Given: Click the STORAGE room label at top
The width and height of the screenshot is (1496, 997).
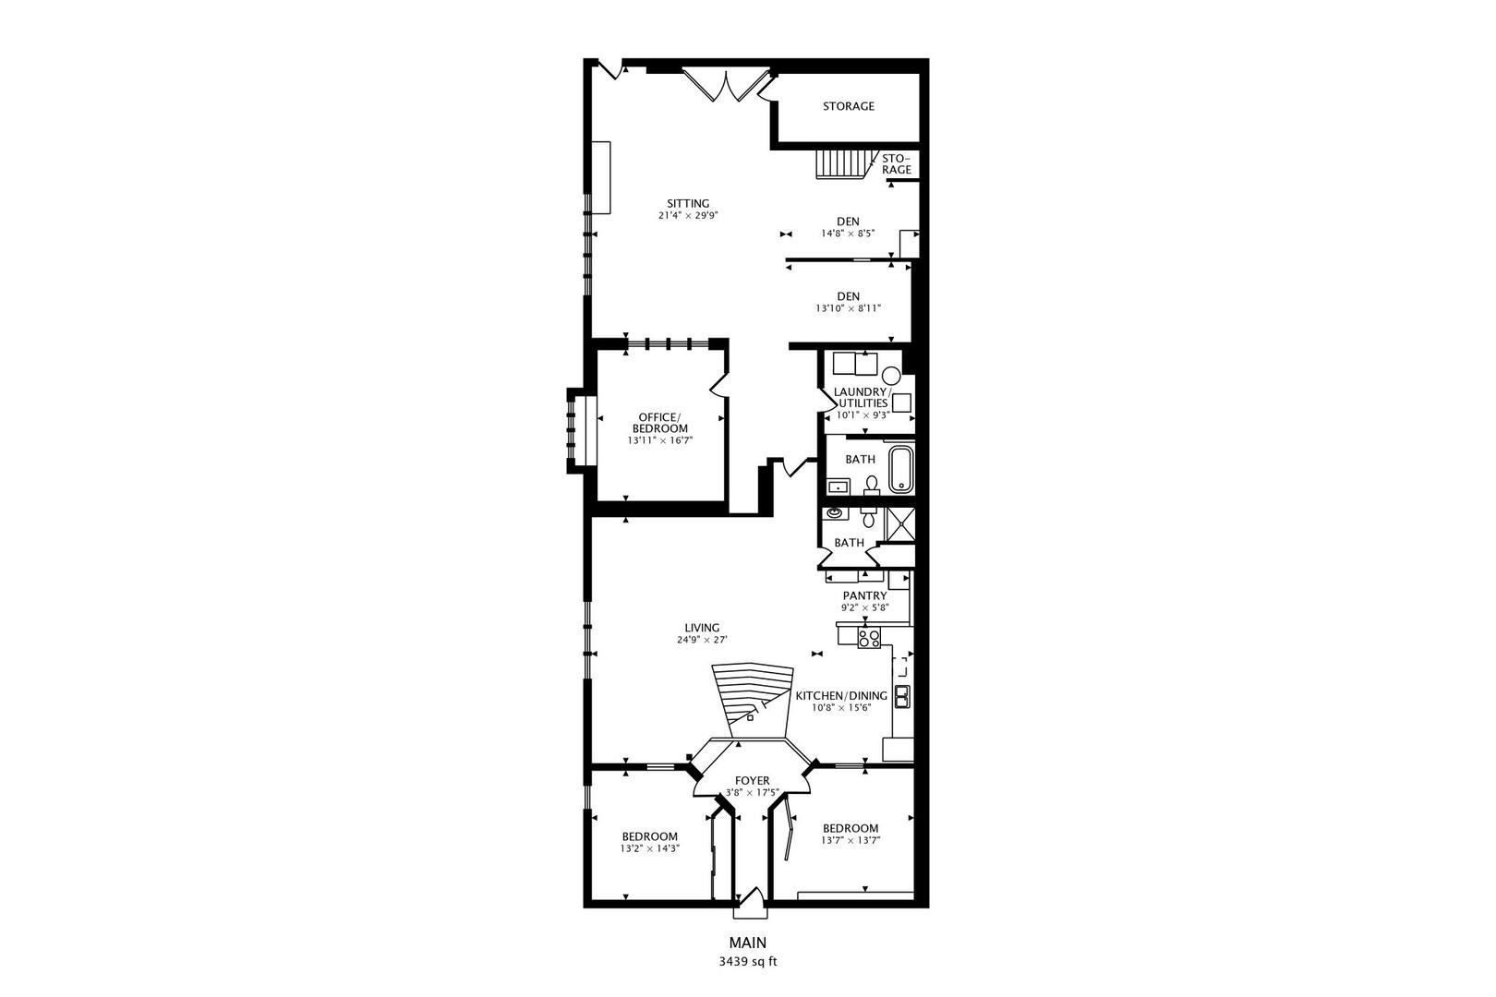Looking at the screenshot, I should tap(848, 106).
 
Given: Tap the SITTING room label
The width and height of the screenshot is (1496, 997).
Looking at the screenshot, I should tap(688, 204).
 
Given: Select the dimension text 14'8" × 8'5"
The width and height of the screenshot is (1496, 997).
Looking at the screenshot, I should tap(848, 234).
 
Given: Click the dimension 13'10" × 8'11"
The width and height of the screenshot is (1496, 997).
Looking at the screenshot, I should tap(848, 308).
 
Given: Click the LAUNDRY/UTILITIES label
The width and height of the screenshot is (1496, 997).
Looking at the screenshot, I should tap(861, 397).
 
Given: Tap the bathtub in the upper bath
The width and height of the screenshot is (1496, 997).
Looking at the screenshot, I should tap(899, 469).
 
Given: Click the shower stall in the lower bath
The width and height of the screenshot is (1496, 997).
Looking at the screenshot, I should tap(899, 523).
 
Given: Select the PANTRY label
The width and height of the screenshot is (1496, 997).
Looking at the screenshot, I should tap(864, 596).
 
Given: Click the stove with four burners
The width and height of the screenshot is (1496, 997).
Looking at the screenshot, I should tap(869, 637).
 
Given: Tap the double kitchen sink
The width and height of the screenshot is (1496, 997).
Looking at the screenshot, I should tap(901, 697).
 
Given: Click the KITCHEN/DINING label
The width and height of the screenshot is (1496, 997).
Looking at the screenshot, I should tap(841, 696).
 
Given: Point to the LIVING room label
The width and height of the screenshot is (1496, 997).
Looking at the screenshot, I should tap(702, 628).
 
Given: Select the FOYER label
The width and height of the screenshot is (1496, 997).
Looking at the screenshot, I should tap(752, 781).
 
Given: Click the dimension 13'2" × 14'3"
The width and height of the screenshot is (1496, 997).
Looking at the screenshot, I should tap(650, 848).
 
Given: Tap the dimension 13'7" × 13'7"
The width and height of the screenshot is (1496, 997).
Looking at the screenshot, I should tap(851, 841).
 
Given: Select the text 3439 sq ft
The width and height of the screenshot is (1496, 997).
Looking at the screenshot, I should tap(748, 961).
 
